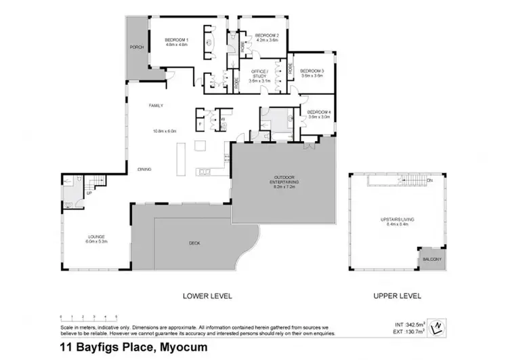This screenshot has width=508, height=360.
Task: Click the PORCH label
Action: click(136, 47)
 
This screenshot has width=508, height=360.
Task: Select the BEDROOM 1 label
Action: click(176, 40)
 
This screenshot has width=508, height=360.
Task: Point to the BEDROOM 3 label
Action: click(312, 71)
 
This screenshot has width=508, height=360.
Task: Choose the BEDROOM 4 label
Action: click(318, 113)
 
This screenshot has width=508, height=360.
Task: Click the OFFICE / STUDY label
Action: click(260, 72)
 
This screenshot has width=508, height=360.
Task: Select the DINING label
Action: click(144, 169)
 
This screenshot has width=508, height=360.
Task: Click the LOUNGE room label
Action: click(95, 237)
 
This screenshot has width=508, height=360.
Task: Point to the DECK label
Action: click(194, 243)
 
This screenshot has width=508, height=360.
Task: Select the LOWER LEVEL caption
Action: click(208, 296)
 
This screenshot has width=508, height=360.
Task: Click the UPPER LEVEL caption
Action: click(397, 296)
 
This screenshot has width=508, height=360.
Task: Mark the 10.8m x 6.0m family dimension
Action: click(165, 131)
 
